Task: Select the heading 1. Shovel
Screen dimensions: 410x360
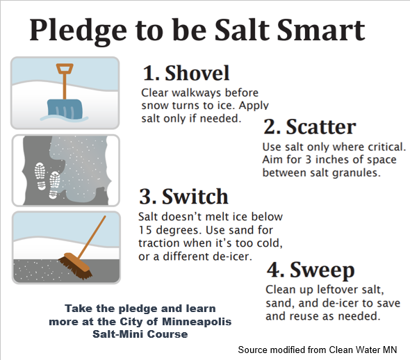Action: [186, 73]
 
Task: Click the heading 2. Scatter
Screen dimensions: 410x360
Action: [310, 126]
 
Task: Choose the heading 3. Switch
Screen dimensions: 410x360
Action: [183, 196]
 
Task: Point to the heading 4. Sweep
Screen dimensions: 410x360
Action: [311, 270]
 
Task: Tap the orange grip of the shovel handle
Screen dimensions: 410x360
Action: [65, 69]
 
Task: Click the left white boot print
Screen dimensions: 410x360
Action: [40, 177]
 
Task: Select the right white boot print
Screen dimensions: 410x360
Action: [54, 185]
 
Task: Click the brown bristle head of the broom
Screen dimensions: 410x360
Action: [75, 266]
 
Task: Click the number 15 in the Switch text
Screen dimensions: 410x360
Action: [145, 230]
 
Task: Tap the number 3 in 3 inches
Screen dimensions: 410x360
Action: [309, 159]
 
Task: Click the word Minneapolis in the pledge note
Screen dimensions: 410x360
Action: [197, 322]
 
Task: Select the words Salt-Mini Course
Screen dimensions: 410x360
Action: [140, 334]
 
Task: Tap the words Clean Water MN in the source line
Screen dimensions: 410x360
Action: [363, 350]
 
